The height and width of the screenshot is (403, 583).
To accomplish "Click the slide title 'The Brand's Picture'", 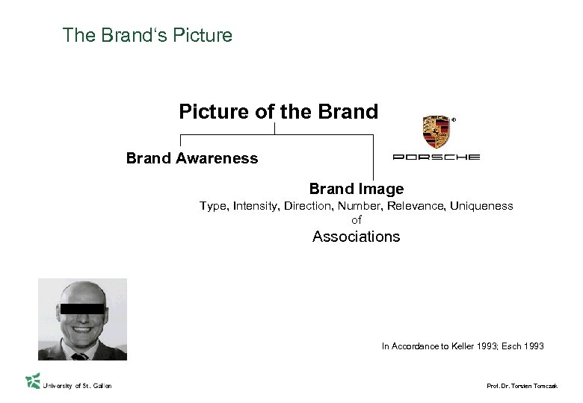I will (x=148, y=35).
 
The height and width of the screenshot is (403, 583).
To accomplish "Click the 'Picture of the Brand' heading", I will (x=279, y=112).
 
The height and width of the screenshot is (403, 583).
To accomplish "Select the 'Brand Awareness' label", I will (x=192, y=158).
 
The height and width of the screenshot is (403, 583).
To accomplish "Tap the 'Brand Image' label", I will (x=357, y=189).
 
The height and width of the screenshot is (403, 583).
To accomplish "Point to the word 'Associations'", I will (x=356, y=237).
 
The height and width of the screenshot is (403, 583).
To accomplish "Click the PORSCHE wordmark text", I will (x=437, y=157).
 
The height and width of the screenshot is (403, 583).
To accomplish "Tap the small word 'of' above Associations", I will (x=356, y=219).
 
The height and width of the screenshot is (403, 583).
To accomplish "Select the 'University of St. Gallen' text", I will (x=78, y=385).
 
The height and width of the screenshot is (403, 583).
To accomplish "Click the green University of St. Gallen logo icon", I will (x=32, y=381).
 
